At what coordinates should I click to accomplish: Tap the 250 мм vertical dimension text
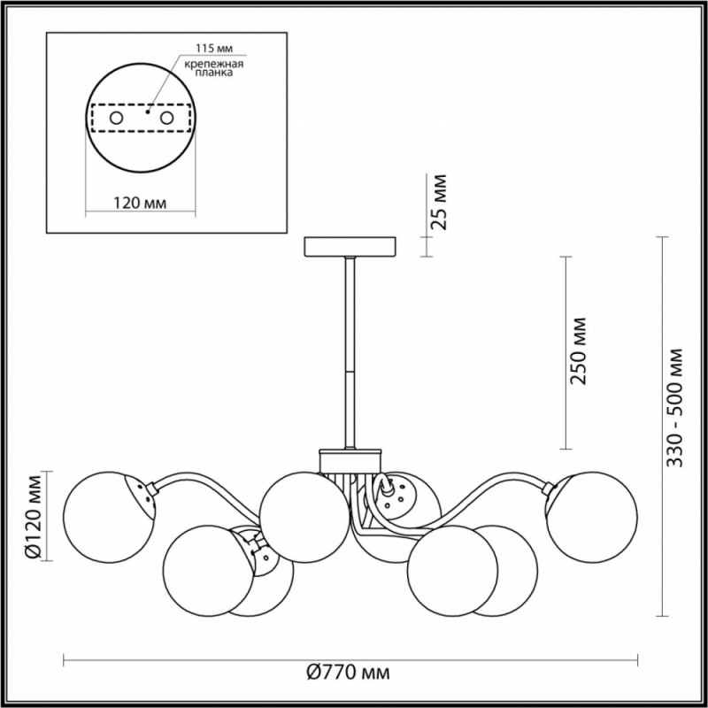[580, 351]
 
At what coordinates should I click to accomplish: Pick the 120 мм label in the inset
[140, 204]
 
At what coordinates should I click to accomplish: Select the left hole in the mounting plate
[115, 117]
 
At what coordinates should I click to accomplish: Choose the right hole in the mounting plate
[165, 117]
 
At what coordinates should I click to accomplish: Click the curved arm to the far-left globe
[190, 485]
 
